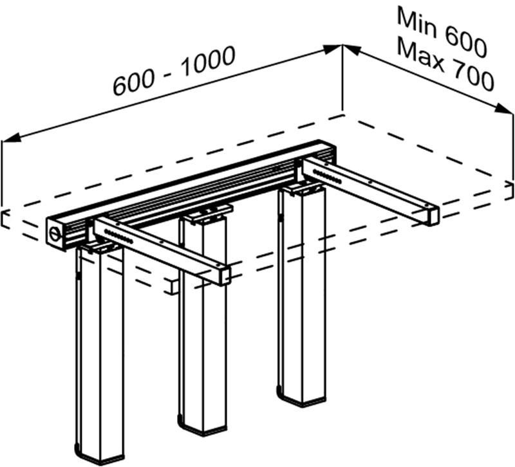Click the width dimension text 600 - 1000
coord(174,71)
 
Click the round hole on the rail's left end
coord(55,230)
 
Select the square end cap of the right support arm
coord(431,215)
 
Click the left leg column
coord(100,347)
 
